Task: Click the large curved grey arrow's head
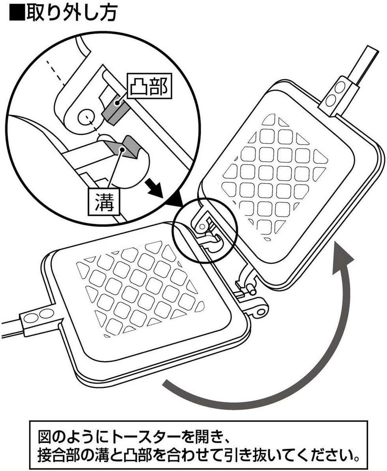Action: coord(342,259)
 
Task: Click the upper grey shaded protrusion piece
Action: coord(114,111)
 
